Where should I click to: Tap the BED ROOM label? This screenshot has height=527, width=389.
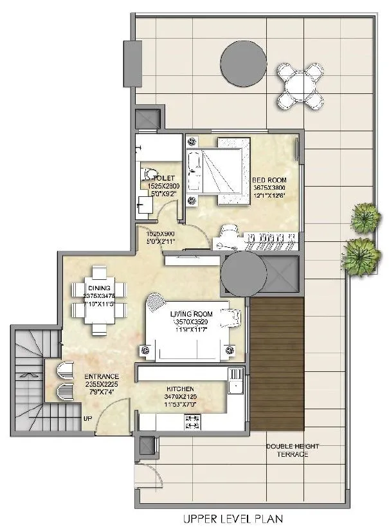point(269,180)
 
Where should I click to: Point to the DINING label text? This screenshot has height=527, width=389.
point(98,287)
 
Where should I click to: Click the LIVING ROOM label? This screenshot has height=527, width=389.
point(192,314)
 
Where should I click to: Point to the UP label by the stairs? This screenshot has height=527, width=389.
point(87,419)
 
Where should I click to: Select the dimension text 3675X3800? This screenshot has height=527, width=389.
point(269,187)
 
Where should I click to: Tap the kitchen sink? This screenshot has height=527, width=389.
point(234,387)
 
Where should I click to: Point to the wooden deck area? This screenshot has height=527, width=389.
point(277,365)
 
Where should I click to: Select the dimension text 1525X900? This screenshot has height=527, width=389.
point(160,234)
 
